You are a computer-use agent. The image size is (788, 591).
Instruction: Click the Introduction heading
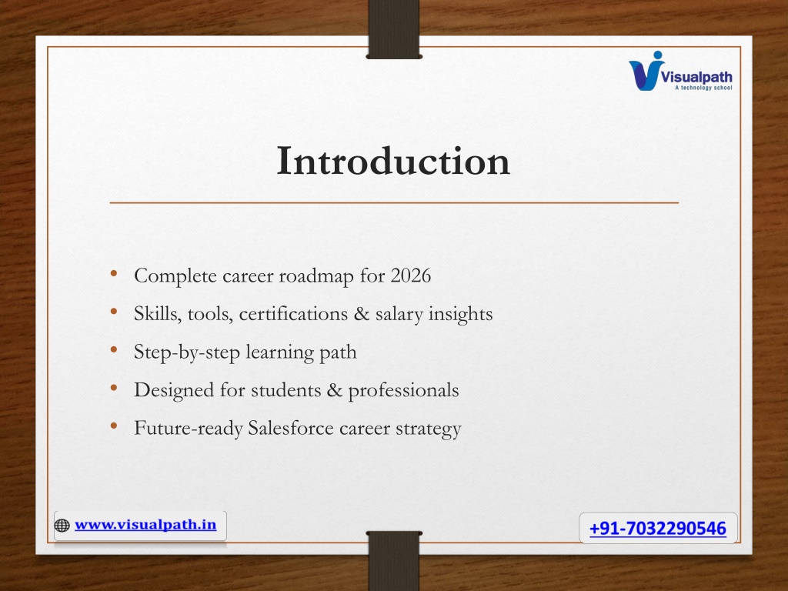(x=393, y=161)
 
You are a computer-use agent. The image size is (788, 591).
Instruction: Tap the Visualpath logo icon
(x=646, y=71)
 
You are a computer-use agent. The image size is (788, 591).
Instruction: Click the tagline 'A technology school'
(x=703, y=88)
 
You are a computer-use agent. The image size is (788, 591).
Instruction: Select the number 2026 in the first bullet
(x=411, y=275)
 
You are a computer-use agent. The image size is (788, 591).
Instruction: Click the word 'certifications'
(x=293, y=314)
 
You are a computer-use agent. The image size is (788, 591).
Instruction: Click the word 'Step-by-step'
(x=187, y=352)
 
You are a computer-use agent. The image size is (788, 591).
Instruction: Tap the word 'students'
(x=285, y=390)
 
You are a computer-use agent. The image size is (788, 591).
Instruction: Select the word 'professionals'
(x=403, y=391)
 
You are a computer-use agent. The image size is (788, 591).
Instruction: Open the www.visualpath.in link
(x=145, y=525)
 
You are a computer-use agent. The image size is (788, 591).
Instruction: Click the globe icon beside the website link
(x=62, y=526)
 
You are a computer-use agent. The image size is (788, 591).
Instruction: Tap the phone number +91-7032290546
(x=658, y=528)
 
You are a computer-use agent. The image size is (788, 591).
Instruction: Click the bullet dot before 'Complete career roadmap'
(x=114, y=273)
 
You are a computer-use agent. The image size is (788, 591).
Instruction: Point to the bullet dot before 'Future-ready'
(x=114, y=426)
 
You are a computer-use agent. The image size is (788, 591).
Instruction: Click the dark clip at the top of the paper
(x=394, y=29)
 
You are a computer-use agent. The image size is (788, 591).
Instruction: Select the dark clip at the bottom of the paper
(x=394, y=561)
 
